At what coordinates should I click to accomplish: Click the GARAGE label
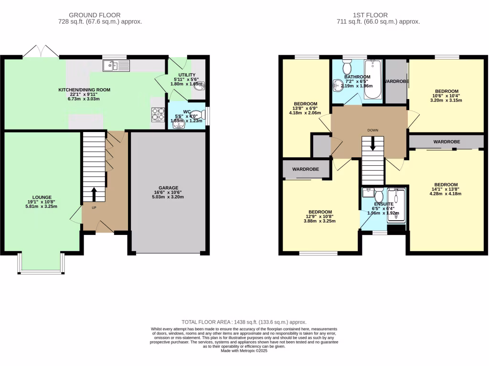tap(169, 188)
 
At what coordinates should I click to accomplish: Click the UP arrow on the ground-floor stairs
tap(94, 194)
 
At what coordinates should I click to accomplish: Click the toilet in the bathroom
tap(347, 66)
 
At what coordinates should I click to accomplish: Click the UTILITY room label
tap(187, 75)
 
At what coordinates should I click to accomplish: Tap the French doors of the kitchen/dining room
tap(42, 51)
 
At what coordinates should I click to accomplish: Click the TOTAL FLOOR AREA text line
tap(244, 322)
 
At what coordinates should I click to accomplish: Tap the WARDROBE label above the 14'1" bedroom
tap(446, 142)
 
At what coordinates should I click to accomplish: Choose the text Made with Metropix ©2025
tap(244, 351)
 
